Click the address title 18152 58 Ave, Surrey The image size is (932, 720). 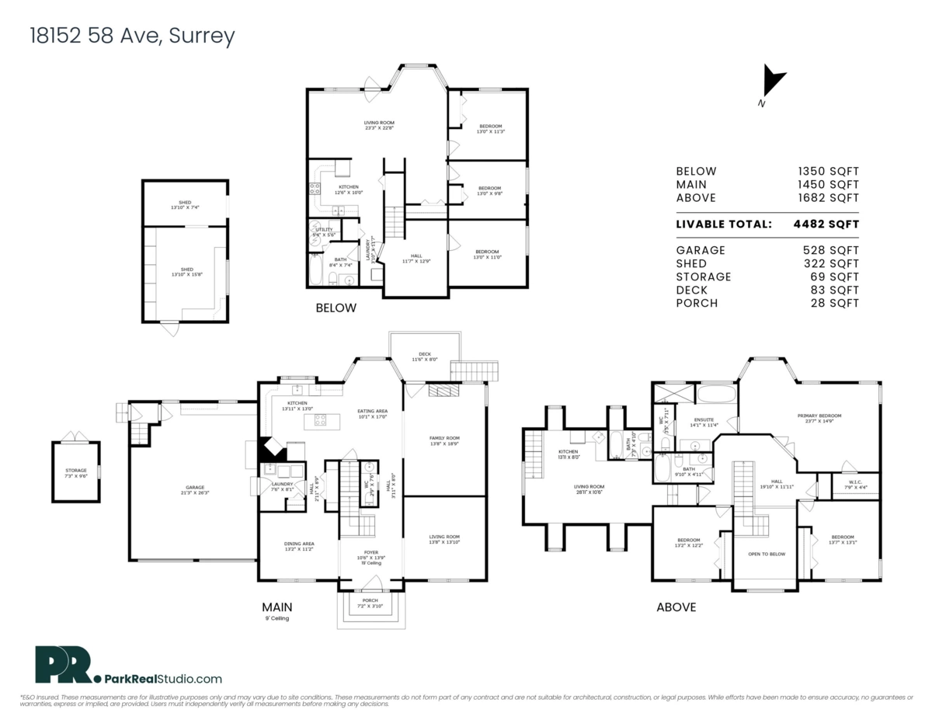131,36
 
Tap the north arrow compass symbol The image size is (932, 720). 773,82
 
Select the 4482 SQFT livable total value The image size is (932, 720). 826,224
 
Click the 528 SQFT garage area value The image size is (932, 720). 830,250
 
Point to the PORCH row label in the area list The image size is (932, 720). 695,303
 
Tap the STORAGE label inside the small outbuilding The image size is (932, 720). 75,471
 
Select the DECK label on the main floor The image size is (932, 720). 425,354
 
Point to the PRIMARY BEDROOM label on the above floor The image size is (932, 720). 819,416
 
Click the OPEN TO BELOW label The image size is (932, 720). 766,554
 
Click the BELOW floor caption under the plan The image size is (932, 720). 336,308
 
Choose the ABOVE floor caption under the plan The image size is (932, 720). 676,607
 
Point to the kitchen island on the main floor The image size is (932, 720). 327,421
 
